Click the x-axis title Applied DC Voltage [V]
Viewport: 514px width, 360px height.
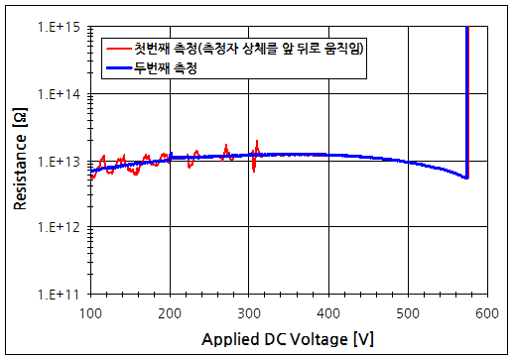click(x=287, y=339)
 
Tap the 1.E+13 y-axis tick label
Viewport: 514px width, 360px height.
click(x=63, y=161)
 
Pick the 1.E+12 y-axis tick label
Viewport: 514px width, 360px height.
click(x=63, y=227)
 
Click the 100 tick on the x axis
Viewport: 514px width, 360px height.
click(x=90, y=312)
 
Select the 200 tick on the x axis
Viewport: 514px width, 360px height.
click(x=170, y=312)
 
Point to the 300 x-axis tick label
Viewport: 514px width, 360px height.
click(x=249, y=312)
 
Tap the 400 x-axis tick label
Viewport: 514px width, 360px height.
click(x=327, y=312)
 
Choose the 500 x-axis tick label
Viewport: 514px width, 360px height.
click(x=407, y=312)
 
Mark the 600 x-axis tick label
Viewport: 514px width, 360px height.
click(x=486, y=312)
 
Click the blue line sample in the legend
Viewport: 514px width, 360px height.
click(x=117, y=68)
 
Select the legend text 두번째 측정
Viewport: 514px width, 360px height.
click(x=166, y=68)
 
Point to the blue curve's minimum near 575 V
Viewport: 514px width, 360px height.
click(x=465, y=178)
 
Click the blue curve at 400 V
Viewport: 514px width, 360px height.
click(x=328, y=156)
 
